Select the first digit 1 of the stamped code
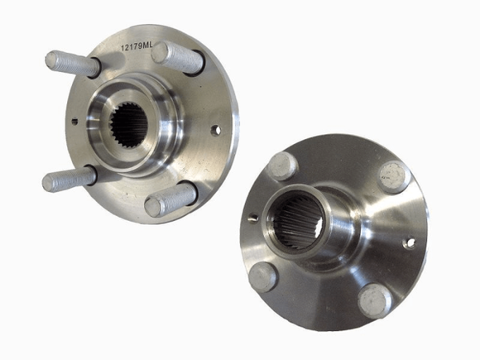coord(122,47)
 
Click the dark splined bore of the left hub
coord(129,124)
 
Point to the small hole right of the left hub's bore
coord(215,130)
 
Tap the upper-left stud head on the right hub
coord(283,166)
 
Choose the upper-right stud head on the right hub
coord(394,176)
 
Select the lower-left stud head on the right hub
coord(263,276)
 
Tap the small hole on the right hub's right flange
coord(409,243)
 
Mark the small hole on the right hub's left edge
coord(252,218)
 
